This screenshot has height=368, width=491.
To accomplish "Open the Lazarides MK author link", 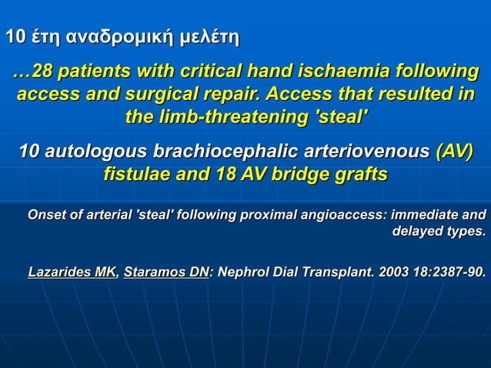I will (x=72, y=271).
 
